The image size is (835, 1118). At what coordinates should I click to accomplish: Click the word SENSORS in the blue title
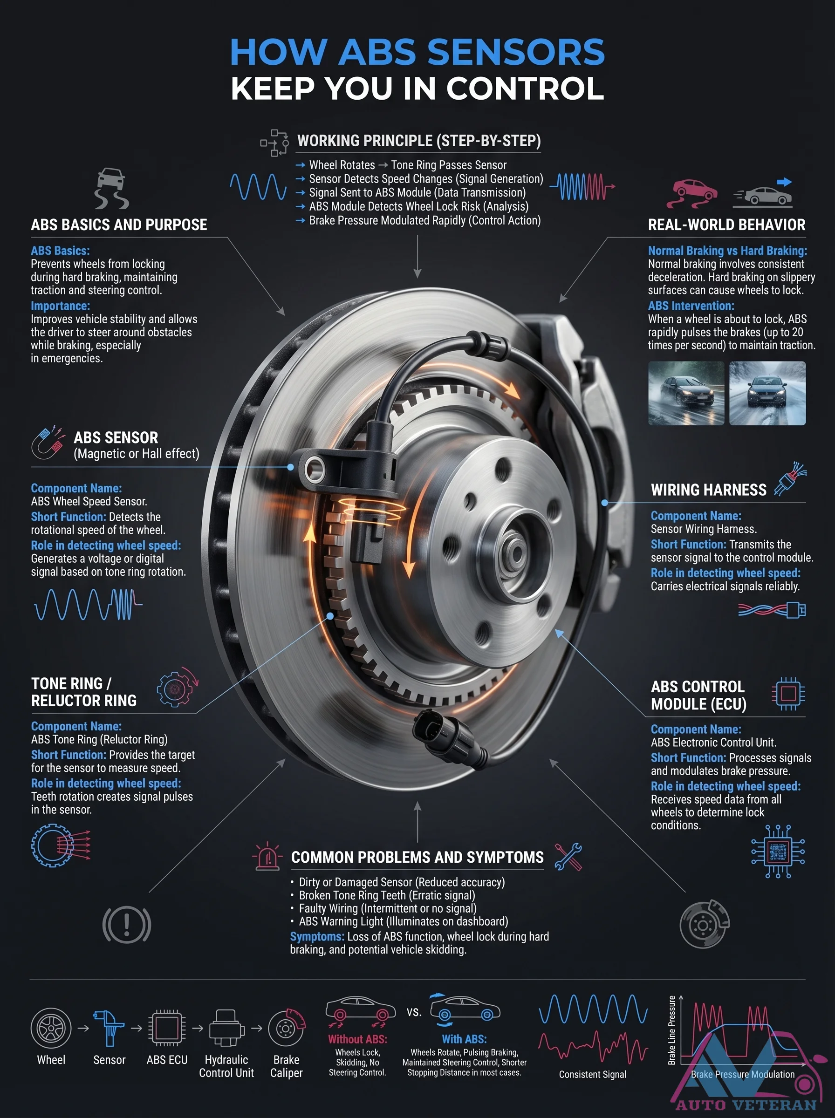516,52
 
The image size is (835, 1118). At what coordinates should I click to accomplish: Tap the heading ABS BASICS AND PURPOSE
119,225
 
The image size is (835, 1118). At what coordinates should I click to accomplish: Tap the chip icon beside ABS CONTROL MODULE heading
788,694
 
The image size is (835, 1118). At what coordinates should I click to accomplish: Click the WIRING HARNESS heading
709,490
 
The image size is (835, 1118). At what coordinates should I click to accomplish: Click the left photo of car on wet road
686,393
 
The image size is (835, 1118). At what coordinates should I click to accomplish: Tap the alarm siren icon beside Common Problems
267,856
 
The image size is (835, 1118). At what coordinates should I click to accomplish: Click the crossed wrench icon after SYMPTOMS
568,857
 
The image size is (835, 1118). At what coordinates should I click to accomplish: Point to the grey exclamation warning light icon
126,925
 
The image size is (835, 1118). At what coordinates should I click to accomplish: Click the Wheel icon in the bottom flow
51,1028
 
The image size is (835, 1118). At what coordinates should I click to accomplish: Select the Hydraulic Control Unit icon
226,1028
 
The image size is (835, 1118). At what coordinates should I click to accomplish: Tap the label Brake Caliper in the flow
287,1066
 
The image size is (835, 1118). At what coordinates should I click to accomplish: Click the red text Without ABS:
357,1039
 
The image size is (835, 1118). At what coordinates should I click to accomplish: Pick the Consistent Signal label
592,1075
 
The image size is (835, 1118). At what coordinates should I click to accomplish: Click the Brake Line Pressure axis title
672,1030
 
